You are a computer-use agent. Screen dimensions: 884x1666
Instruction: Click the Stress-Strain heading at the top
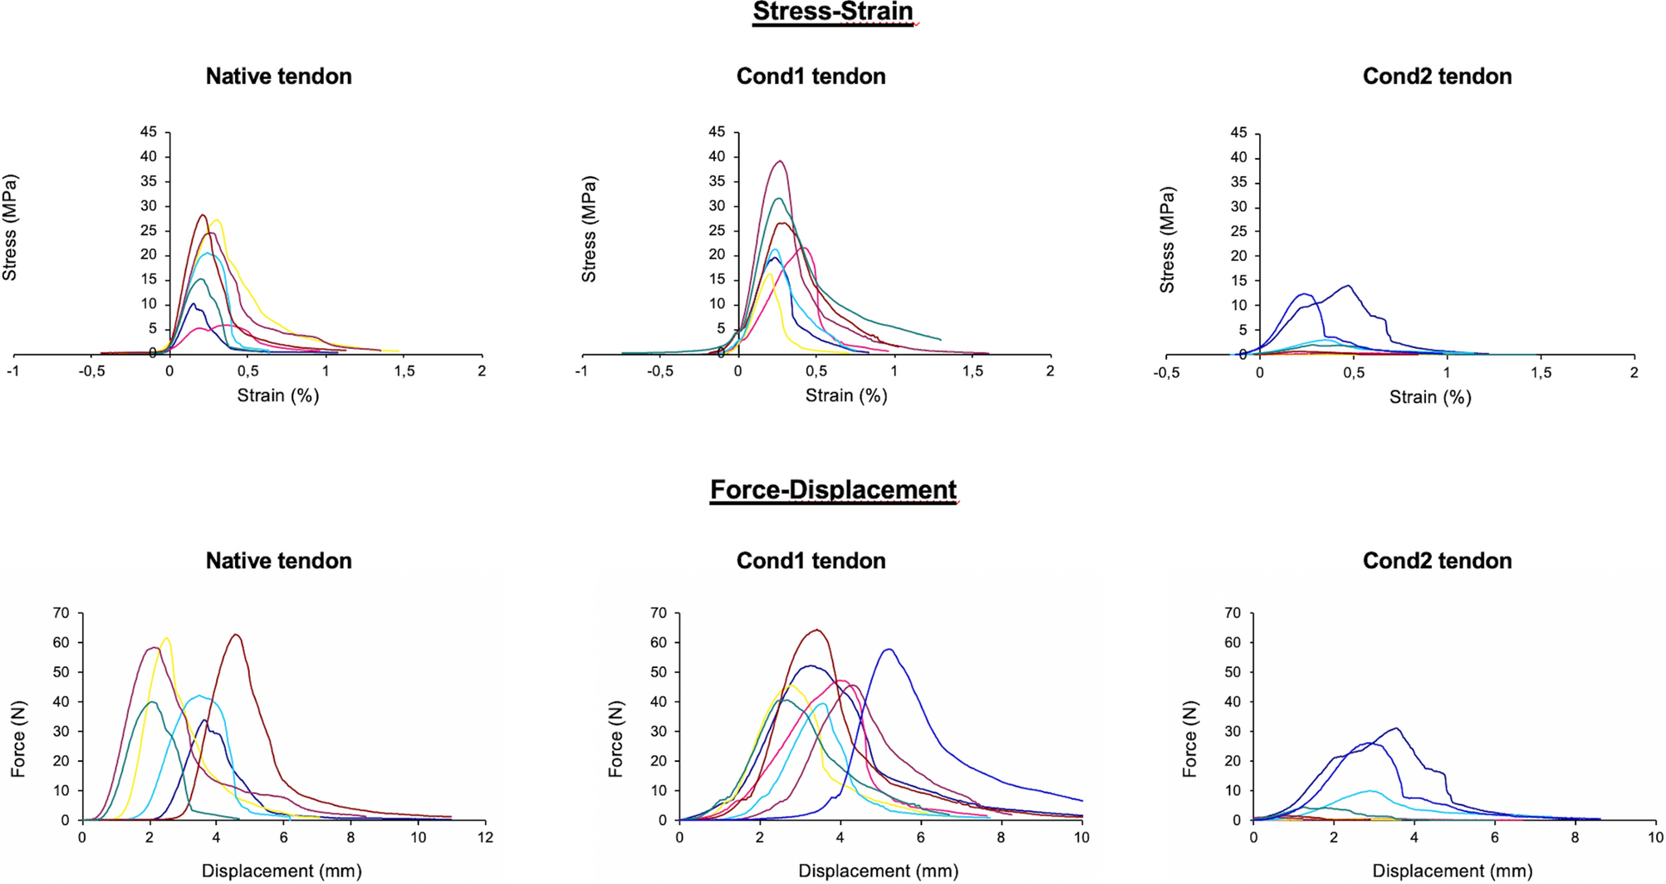coord(833,12)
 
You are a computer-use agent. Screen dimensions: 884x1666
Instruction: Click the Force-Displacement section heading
coord(833,490)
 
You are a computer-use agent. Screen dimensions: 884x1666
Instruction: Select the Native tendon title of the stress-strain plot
coord(278,76)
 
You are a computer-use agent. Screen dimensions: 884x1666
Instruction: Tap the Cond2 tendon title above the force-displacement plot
coord(1437,561)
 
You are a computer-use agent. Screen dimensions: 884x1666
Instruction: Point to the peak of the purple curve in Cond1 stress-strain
coord(780,161)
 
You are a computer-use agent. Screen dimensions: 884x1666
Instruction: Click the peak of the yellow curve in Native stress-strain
coord(217,220)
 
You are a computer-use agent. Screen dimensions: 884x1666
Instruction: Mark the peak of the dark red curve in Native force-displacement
coord(237,635)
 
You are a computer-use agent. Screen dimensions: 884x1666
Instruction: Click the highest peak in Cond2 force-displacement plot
coord(1397,729)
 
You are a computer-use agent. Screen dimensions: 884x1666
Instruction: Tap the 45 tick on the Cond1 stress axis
coord(716,132)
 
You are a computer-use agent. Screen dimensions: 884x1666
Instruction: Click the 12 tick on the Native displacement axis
coord(485,837)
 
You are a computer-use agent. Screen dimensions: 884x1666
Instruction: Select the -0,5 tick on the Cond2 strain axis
coord(1166,373)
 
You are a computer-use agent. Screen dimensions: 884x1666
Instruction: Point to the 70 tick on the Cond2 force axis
coord(1232,613)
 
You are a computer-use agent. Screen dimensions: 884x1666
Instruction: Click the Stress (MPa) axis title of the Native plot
coord(10,227)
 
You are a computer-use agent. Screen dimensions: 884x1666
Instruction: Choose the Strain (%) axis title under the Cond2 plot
coord(1430,397)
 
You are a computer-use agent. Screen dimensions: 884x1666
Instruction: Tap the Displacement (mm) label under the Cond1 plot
coord(878,871)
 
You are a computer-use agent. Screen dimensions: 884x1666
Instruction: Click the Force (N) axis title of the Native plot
coord(17,739)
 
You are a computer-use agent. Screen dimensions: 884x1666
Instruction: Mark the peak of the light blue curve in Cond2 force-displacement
coord(1369,791)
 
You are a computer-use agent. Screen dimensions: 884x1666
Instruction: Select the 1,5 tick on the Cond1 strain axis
coord(973,371)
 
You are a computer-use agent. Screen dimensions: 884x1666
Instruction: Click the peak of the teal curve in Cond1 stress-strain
coord(778,199)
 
